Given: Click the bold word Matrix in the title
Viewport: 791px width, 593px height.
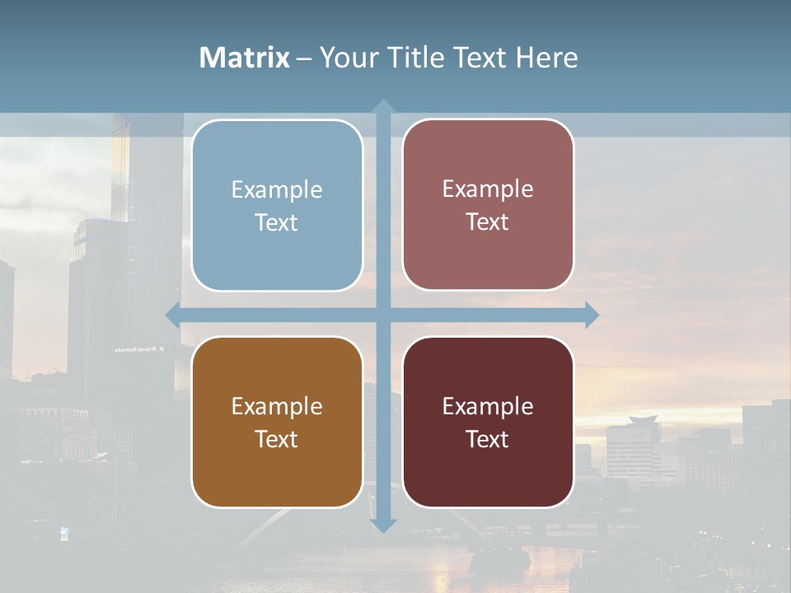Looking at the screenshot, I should point(244,58).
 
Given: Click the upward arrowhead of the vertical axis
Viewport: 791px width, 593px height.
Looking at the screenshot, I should point(383,106).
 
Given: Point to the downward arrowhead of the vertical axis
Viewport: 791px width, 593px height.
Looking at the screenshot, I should point(383,525).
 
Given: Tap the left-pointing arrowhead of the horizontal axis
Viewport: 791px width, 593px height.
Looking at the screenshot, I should point(173,315).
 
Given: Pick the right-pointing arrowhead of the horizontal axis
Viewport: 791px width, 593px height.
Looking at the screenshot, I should point(592,315).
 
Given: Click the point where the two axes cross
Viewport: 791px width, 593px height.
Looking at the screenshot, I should point(383,315).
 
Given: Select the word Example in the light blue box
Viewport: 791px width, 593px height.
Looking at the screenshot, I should point(277,189).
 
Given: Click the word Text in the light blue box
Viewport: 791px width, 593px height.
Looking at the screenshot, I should point(277,222).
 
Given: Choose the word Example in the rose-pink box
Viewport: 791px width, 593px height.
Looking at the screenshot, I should point(488,189).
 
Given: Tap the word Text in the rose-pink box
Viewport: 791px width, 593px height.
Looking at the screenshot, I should point(488,222).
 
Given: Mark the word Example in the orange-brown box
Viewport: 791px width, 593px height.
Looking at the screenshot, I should point(277,406).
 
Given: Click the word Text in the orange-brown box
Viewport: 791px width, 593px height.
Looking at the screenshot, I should point(277,439).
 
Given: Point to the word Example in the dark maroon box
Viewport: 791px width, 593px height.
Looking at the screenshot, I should point(488,406).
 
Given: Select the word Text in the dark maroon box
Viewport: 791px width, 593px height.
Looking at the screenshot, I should point(488,439).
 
